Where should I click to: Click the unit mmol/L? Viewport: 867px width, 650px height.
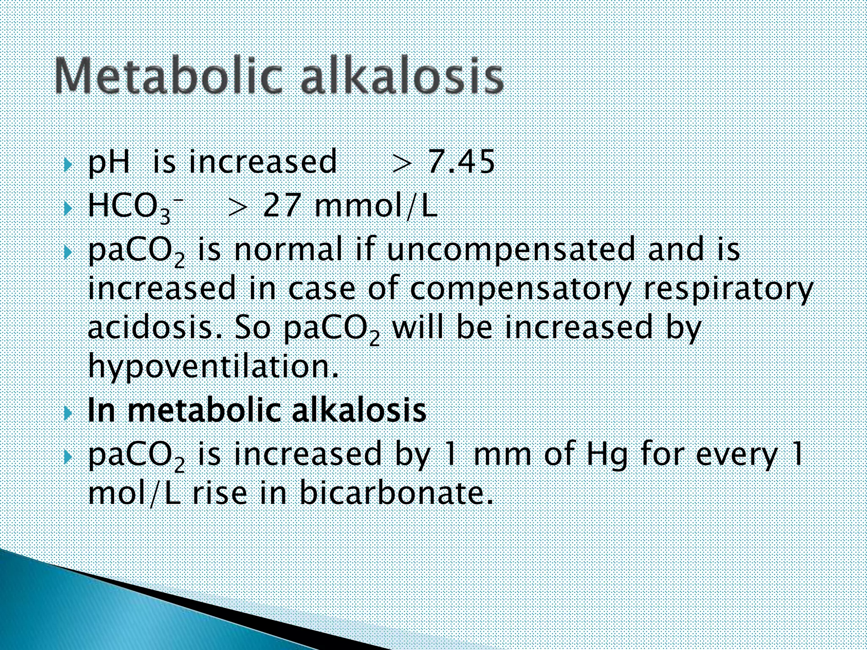click(x=376, y=207)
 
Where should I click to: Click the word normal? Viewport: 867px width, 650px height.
click(x=288, y=249)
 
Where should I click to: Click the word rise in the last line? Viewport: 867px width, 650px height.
click(x=219, y=493)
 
